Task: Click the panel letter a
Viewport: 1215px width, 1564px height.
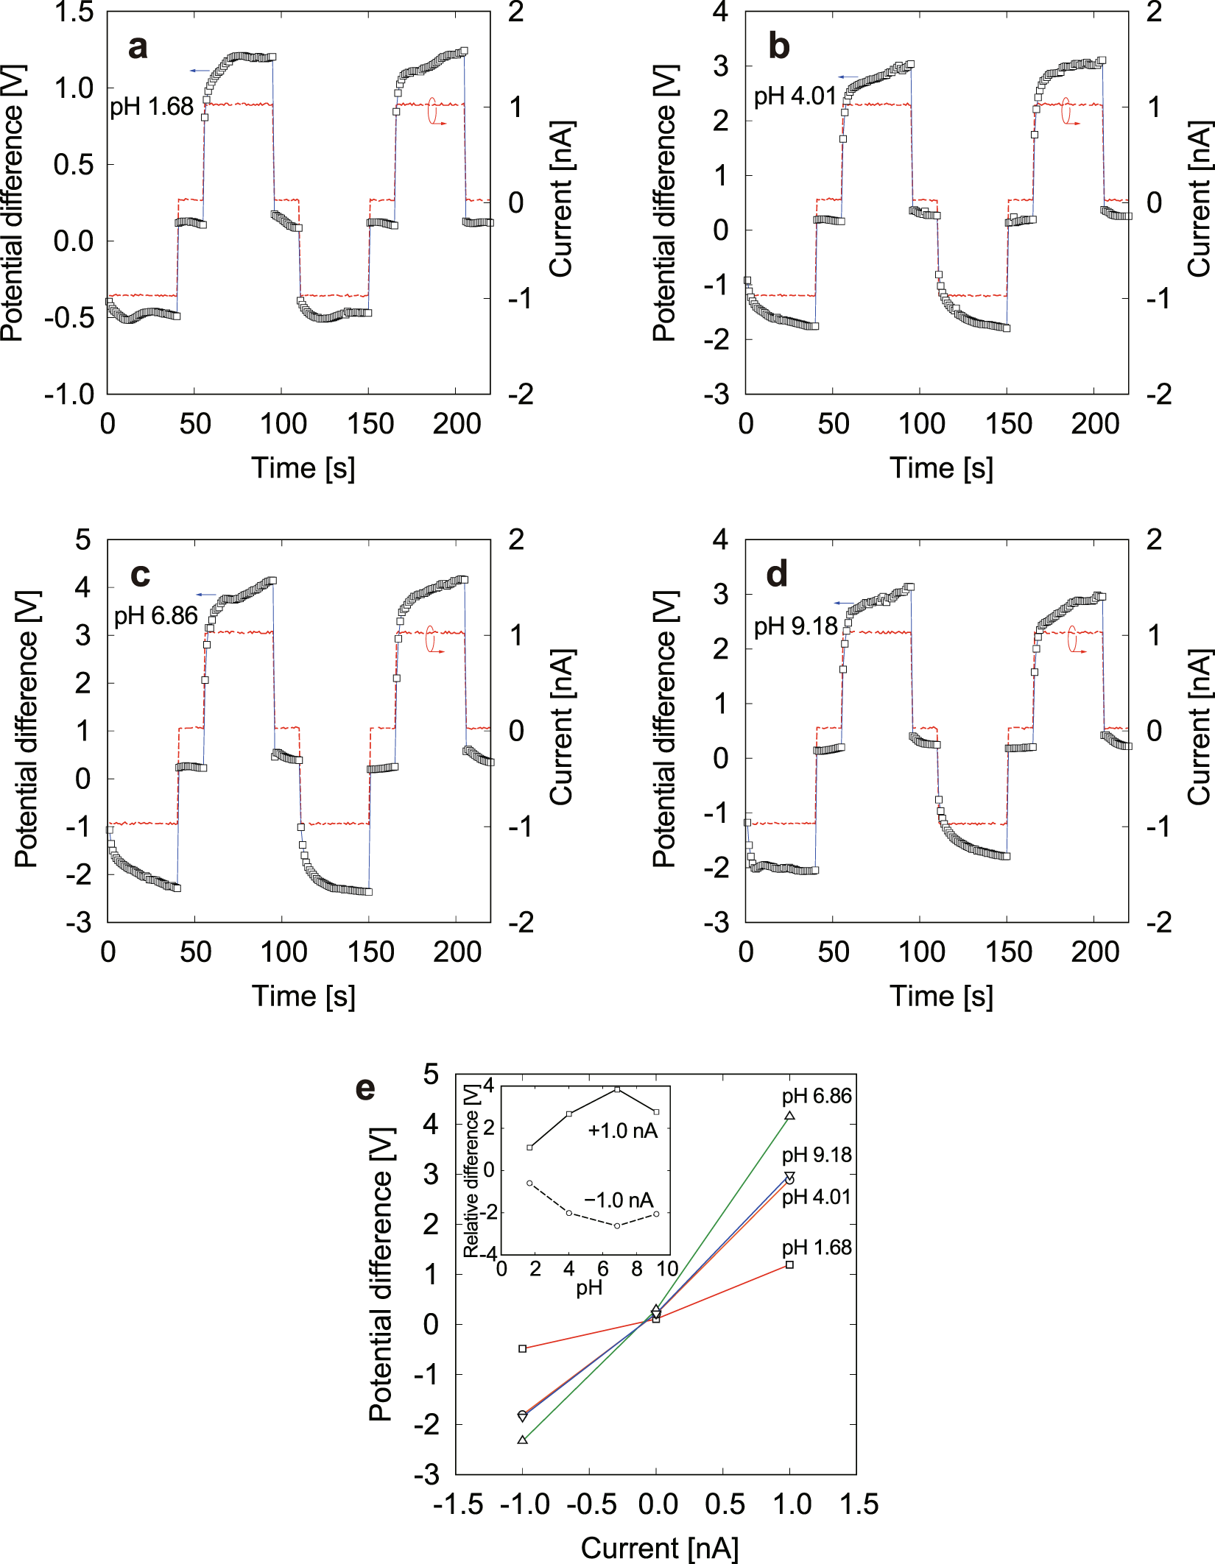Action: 138,47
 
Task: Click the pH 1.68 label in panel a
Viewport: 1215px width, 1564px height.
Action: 152,107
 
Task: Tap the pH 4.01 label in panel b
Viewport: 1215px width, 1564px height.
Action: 795,96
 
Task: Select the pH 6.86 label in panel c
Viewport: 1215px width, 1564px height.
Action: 155,616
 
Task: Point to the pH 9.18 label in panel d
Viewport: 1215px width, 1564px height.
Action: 795,627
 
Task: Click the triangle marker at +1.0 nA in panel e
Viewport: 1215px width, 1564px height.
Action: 789,1116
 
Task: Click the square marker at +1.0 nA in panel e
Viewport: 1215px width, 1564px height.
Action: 789,1264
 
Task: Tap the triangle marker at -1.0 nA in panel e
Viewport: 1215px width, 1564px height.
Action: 523,1440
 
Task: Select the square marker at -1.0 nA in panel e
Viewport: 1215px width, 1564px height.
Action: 523,1348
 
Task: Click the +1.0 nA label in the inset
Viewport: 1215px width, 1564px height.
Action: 622,1131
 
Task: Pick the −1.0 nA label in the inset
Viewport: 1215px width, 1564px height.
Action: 619,1200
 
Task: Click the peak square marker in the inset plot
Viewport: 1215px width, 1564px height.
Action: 617,1089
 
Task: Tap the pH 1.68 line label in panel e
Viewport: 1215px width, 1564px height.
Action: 817,1248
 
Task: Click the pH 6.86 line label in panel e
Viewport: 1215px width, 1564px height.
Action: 817,1096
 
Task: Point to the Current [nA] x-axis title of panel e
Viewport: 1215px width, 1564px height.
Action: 659,1548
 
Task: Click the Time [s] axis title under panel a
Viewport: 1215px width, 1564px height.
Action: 303,468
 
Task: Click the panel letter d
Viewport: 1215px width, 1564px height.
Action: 777,574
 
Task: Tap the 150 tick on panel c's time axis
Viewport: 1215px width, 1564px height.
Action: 370,952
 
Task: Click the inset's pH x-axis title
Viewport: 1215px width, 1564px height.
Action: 588,1288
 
